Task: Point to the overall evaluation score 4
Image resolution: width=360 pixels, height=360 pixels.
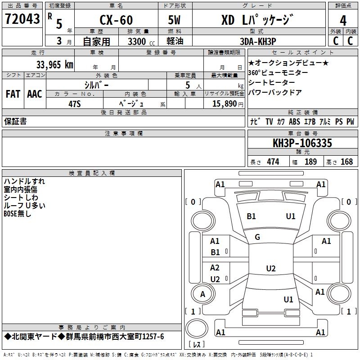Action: [343, 21]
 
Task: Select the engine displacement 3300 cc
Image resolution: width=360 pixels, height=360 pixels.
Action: [133, 41]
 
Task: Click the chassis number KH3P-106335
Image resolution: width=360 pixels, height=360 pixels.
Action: [302, 143]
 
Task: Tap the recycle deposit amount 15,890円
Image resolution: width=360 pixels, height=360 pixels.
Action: [224, 103]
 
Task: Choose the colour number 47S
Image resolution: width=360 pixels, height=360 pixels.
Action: [75, 103]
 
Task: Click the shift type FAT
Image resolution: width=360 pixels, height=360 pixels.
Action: [13, 94]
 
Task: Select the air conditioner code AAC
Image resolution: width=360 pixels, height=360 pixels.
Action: [35, 94]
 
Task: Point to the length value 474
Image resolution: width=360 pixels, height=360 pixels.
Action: [273, 162]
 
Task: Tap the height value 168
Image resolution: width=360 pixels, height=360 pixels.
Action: [346, 162]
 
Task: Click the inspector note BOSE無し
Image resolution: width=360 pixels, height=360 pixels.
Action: [18, 214]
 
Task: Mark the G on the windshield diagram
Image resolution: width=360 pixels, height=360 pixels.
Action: [257, 237]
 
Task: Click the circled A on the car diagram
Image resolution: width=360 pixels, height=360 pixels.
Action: [202, 294]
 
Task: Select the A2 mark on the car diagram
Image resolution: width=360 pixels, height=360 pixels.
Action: [215, 268]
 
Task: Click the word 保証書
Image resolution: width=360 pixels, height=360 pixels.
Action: [15, 121]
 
